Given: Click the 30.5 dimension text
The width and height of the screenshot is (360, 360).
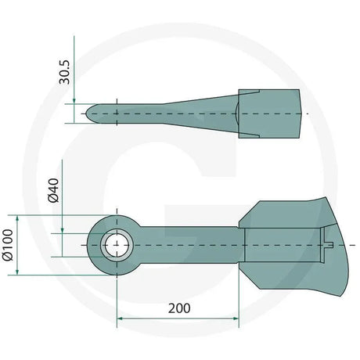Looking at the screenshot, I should pos(65,71).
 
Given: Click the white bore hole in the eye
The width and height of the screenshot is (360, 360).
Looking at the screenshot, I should pos(117,244).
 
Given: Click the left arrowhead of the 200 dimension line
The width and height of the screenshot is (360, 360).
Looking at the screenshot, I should pos(121,319).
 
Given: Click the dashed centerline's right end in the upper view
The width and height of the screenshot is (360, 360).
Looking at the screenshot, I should pos(307,113).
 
